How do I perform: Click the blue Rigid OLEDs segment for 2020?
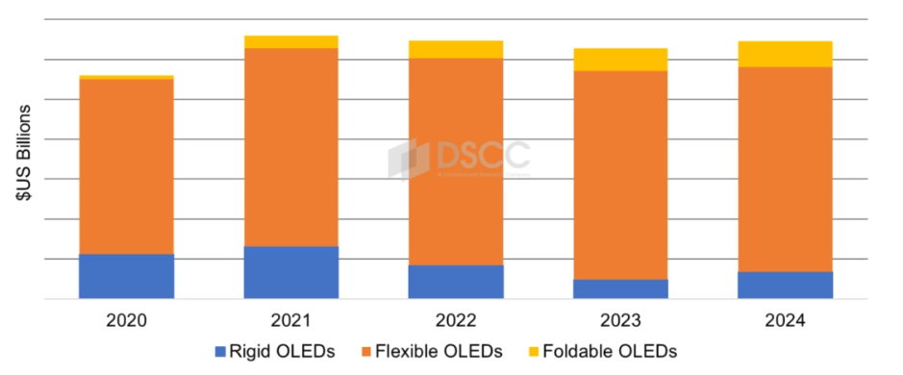point(126,276)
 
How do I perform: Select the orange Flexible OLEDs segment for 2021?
point(291,147)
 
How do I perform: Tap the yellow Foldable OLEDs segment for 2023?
point(620,60)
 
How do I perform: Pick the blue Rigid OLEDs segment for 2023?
point(620,288)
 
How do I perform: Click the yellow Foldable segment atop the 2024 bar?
point(785,54)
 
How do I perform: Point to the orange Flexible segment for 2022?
point(456,162)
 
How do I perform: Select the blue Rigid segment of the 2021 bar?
point(291,272)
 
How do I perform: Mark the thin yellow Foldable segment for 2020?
point(126,77)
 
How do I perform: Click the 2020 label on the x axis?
point(126,319)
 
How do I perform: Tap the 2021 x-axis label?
point(291,319)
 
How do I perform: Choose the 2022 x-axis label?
point(456,319)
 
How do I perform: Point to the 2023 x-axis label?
point(620,319)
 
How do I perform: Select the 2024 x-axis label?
point(785,319)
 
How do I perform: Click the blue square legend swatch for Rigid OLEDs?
point(221,352)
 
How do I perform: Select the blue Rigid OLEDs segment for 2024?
point(785,285)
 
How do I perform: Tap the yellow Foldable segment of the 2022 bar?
point(456,49)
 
